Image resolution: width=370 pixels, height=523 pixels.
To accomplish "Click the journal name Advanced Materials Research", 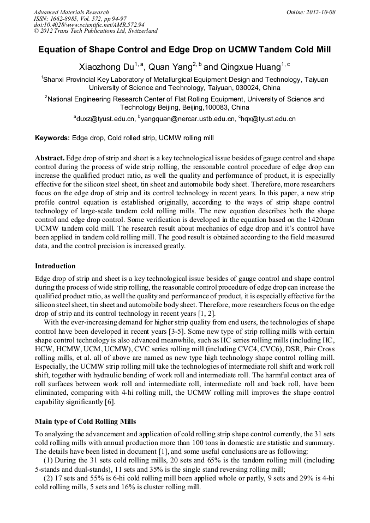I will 71,12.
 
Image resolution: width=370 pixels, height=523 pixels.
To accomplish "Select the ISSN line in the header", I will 80,19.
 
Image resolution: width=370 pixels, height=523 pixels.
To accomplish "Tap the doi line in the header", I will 89,25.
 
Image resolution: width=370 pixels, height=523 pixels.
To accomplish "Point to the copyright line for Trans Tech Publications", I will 96,31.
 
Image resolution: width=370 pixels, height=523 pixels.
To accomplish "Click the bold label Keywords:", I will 52,139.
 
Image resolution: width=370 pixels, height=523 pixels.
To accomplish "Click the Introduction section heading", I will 55,266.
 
